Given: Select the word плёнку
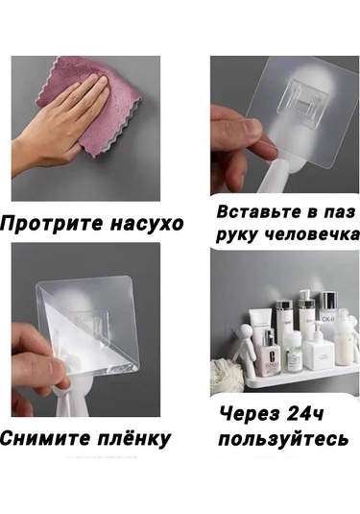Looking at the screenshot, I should (x=133, y=439).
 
